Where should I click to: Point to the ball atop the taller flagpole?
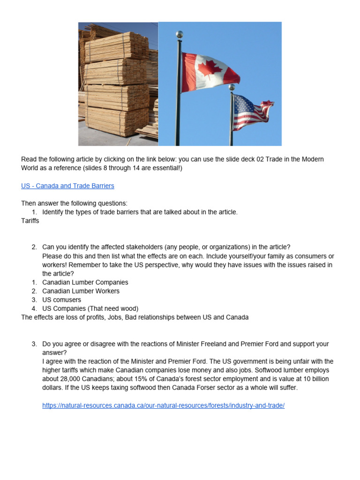pos(179,34)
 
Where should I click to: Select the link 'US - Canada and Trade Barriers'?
pos(67,186)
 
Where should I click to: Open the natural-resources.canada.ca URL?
pos(163,405)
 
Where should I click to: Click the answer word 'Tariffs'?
pos(30,221)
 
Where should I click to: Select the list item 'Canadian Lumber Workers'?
pos(81,291)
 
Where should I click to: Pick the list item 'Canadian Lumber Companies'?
pos(85,282)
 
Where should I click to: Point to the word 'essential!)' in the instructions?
pos(166,168)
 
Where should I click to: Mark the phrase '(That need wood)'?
pos(114,308)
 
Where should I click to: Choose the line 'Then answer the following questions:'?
pos(74,203)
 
